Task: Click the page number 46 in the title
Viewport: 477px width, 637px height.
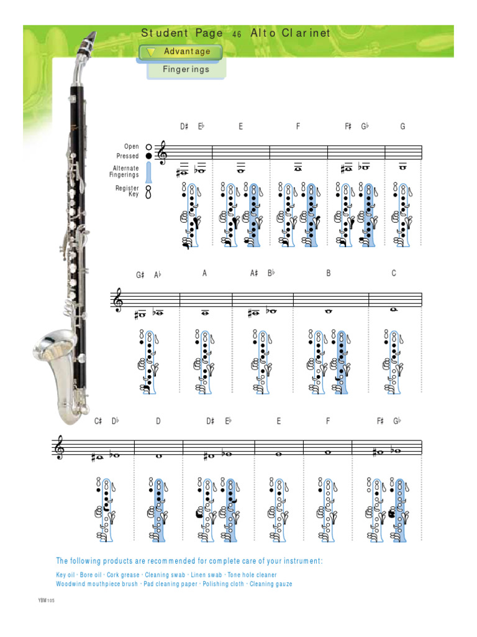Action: (x=236, y=35)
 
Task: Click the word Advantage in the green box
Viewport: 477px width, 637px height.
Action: (x=187, y=52)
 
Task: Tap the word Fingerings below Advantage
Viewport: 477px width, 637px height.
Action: (x=186, y=69)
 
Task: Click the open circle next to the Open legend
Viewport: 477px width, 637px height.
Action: (x=148, y=147)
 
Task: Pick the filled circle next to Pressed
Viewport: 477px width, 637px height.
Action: (x=148, y=156)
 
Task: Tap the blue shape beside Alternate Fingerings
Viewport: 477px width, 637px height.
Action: (x=148, y=172)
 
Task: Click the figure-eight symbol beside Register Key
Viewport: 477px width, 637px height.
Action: (x=148, y=192)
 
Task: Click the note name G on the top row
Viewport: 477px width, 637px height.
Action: (x=402, y=127)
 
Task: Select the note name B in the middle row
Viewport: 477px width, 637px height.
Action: (x=329, y=273)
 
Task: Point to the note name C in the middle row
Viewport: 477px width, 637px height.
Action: (x=394, y=273)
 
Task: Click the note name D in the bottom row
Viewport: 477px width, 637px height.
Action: (x=158, y=421)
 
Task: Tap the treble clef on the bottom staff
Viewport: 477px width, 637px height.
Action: (x=60, y=448)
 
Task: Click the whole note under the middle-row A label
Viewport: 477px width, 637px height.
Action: (x=204, y=313)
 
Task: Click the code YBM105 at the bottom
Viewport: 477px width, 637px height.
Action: (x=46, y=600)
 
